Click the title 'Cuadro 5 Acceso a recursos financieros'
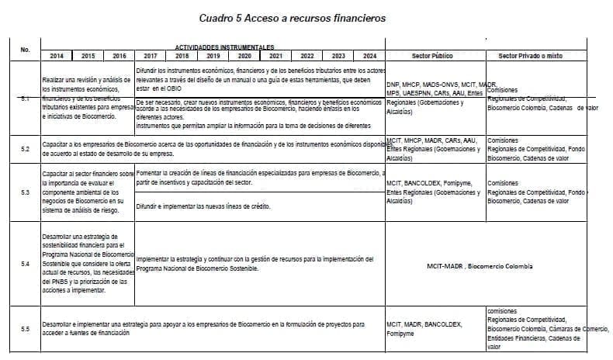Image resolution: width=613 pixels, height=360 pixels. (x=303, y=16)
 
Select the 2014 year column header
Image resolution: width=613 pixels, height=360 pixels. (x=57, y=56)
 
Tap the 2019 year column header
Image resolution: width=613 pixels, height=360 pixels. (x=213, y=56)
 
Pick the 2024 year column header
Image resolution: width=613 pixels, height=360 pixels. (x=369, y=56)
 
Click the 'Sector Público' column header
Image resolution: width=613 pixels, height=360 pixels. (x=434, y=56)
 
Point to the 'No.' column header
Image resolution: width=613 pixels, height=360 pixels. (x=26, y=50)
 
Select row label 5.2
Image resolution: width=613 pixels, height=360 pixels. (x=26, y=147)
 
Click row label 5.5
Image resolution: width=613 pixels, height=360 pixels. (x=26, y=329)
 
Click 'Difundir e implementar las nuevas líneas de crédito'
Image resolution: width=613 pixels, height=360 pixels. (x=208, y=206)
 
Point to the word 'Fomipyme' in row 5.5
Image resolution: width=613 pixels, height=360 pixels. (x=401, y=334)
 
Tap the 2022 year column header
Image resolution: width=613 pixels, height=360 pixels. (x=306, y=56)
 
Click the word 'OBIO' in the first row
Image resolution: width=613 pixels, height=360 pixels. (x=178, y=88)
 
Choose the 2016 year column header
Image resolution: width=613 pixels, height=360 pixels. (x=119, y=56)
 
